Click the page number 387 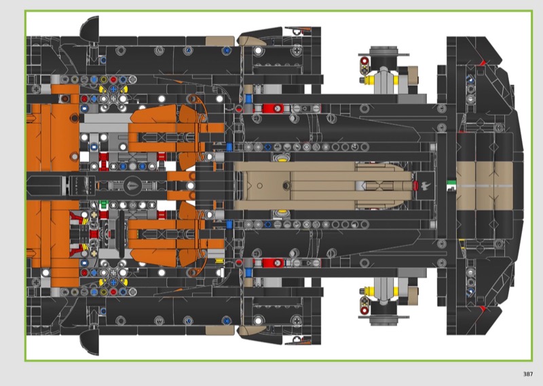(528, 374)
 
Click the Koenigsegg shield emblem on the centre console (132, 186)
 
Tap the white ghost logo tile (426, 186)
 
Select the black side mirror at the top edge (90, 28)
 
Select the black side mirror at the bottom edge (90, 342)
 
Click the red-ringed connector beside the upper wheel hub (364, 66)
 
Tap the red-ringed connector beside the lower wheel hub (364, 305)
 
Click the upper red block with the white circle (273, 109)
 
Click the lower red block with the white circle (273, 263)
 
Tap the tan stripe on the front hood (484, 186)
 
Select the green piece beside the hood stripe (451, 183)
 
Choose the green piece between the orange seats (104, 204)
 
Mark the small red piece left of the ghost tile (415, 186)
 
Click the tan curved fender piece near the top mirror (252, 41)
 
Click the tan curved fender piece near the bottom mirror (252, 330)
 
